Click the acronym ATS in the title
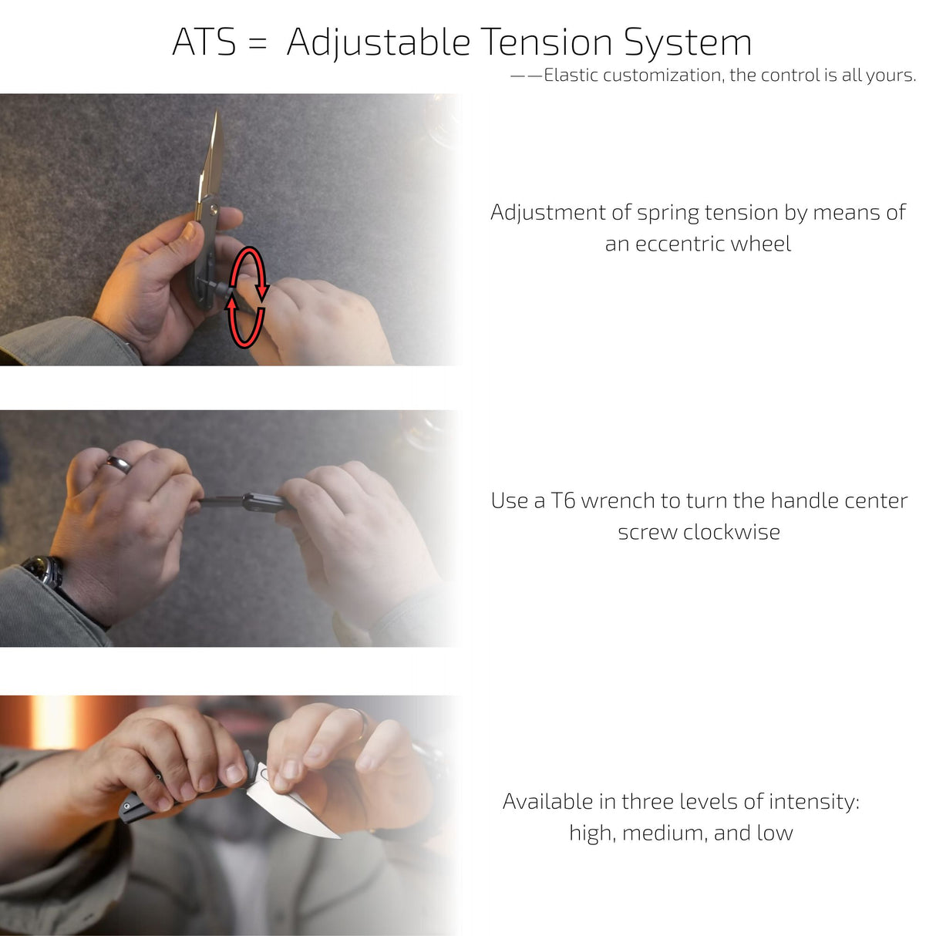(x=204, y=42)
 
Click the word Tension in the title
(x=546, y=42)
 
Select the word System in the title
(x=688, y=44)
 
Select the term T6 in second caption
(x=563, y=501)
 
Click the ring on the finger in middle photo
(x=120, y=463)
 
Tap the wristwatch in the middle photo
(x=43, y=571)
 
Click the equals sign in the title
(x=258, y=44)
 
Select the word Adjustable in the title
(x=378, y=44)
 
